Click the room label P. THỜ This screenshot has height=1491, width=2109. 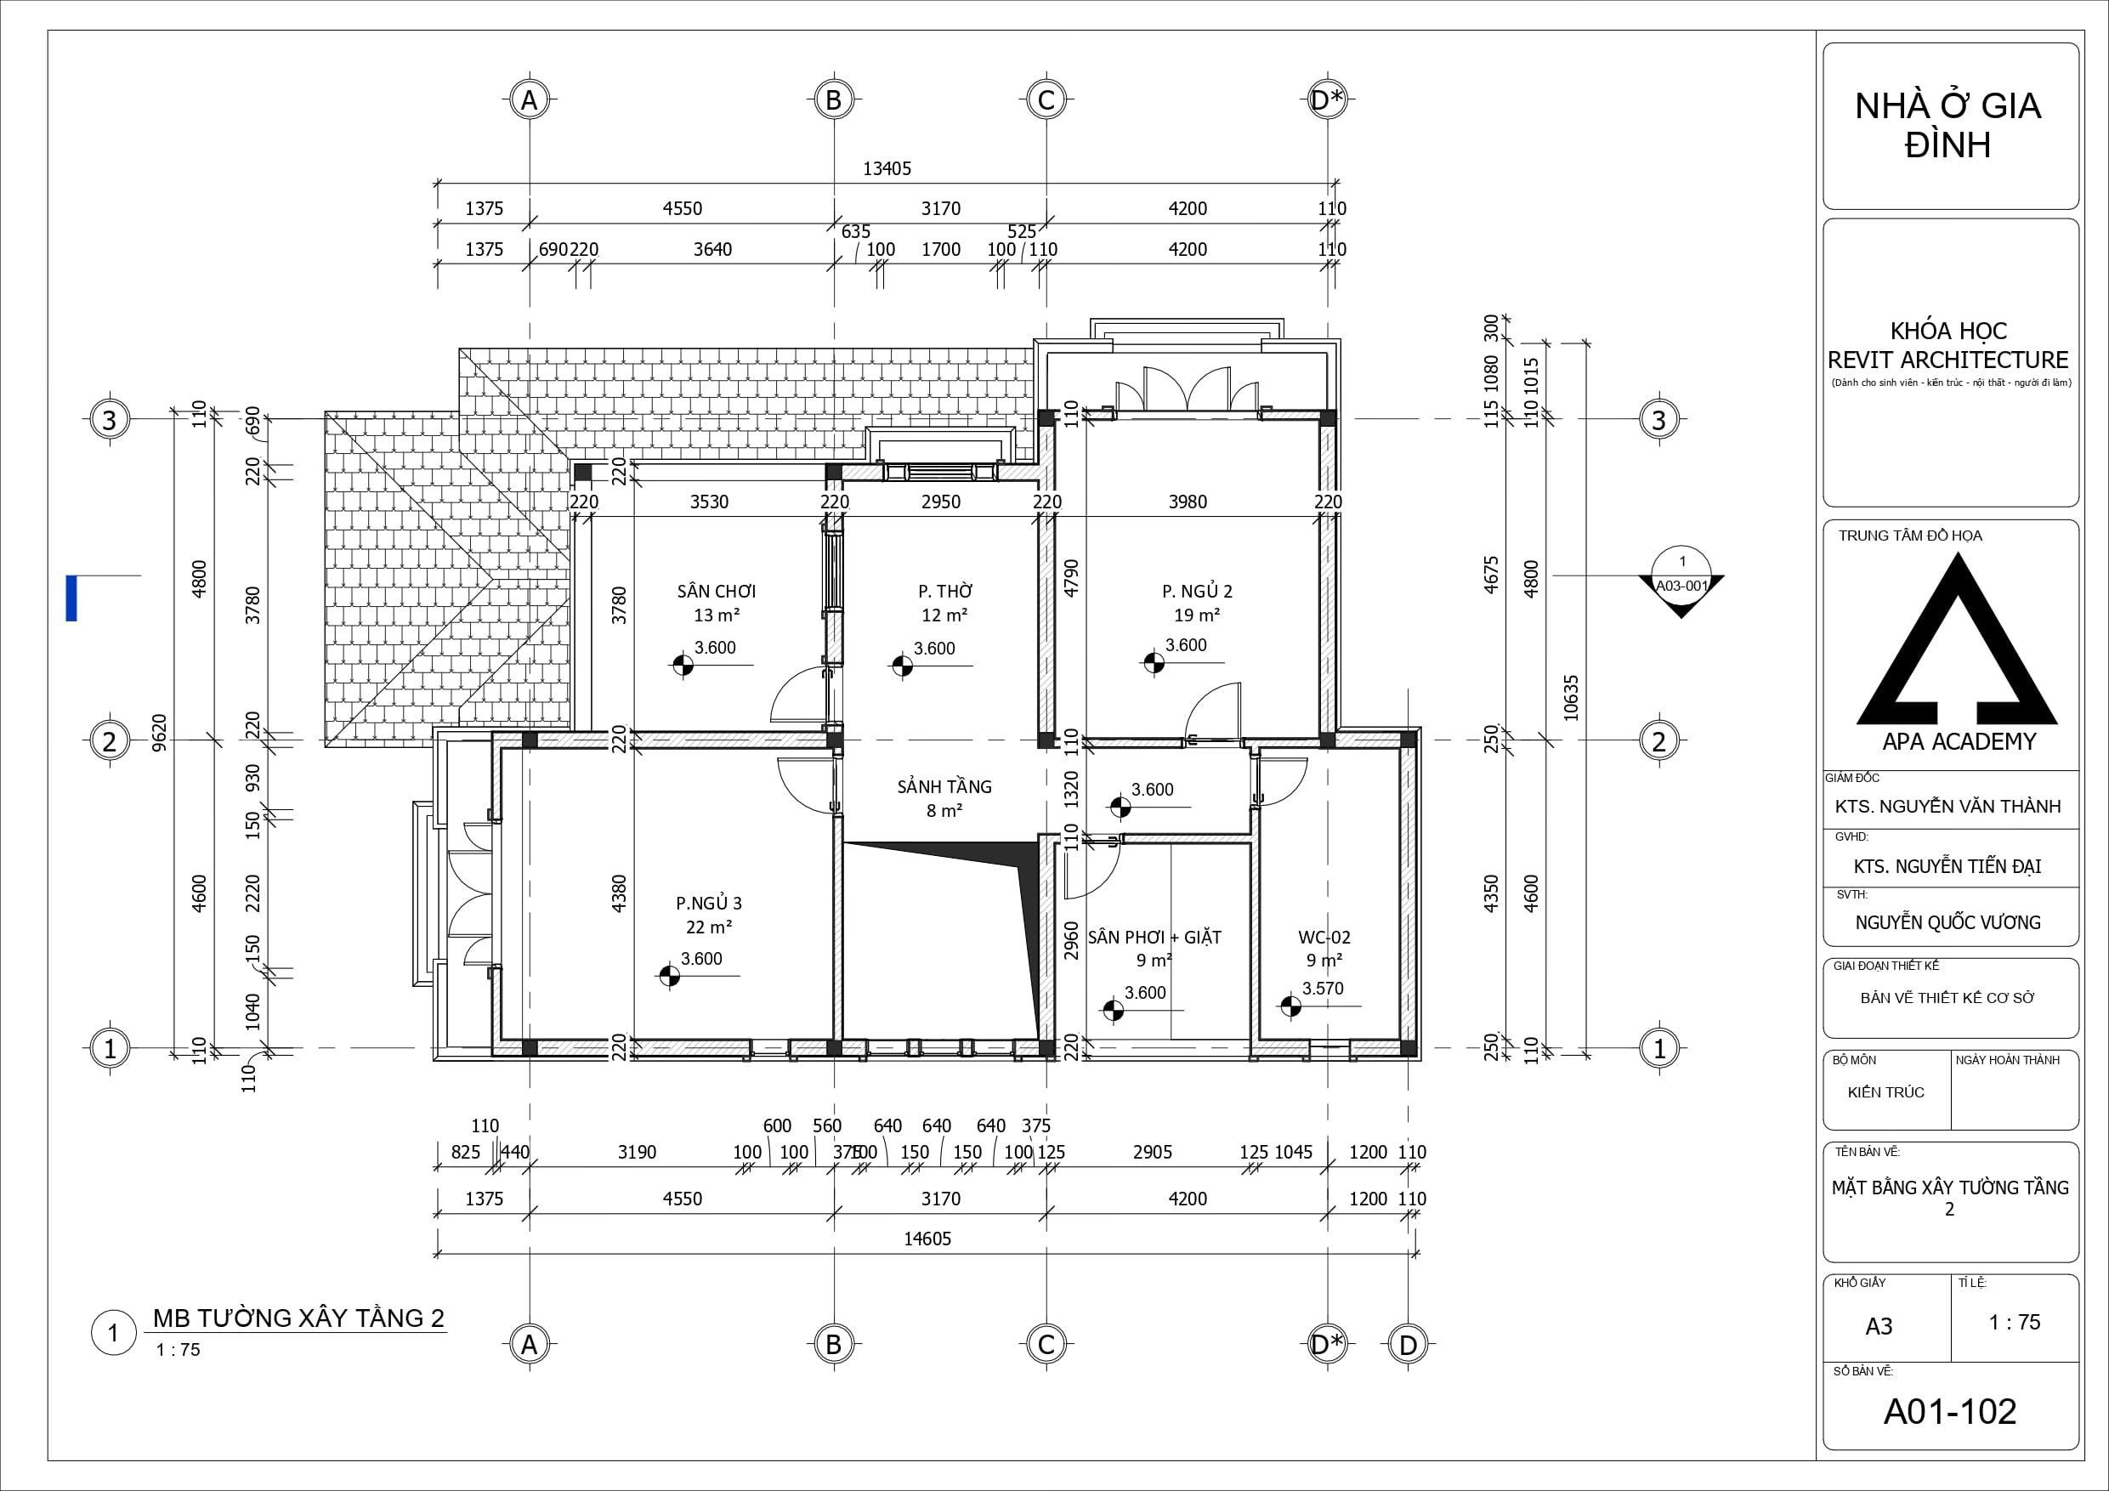point(944,592)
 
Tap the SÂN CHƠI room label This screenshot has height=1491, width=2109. point(717,592)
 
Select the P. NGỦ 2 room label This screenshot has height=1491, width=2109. point(1197,592)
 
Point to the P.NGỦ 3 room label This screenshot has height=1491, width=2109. point(708,903)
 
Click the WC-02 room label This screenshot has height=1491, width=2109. point(1324,937)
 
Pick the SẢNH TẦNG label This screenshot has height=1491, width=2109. point(944,786)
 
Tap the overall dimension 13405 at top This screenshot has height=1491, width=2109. point(887,169)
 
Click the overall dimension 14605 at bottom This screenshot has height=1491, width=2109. point(927,1239)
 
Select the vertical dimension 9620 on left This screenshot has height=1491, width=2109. point(159,733)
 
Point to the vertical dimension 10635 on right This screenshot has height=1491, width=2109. point(1571,698)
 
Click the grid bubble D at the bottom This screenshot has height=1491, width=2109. point(1409,1345)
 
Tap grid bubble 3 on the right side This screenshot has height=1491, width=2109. point(1659,420)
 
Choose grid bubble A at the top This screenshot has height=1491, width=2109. point(529,99)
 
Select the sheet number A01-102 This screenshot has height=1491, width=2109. point(1949,1412)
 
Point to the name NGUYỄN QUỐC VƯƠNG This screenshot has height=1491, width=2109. point(1947,922)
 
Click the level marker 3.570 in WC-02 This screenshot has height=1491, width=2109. point(1323,989)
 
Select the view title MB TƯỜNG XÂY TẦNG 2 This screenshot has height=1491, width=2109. point(298,1318)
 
